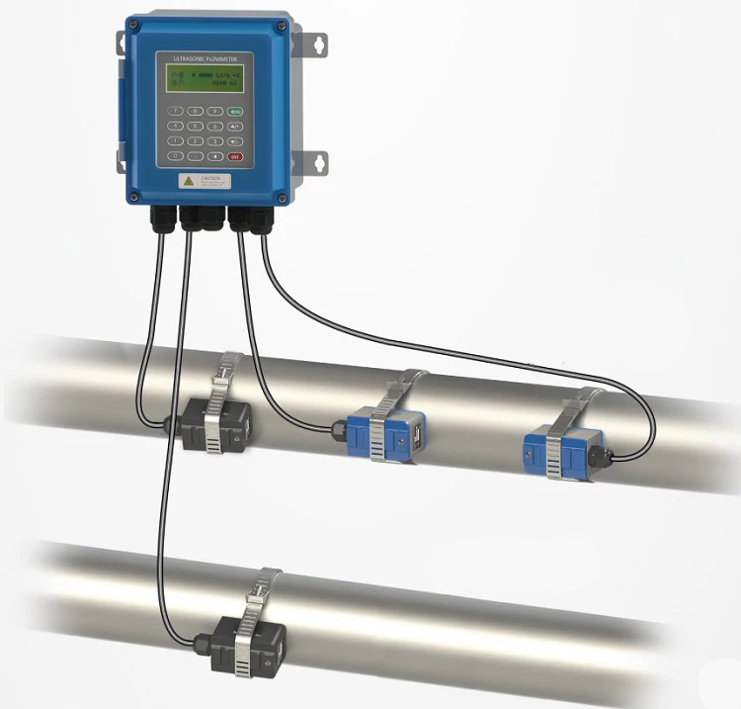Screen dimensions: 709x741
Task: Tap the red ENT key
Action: pyautogui.click(x=235, y=156)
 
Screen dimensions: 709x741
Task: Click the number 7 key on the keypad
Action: pyautogui.click(x=175, y=111)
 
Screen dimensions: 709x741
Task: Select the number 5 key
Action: pyautogui.click(x=196, y=126)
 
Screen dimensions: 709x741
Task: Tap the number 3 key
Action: pyautogui.click(x=215, y=141)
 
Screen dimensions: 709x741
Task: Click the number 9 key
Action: pyautogui.click(x=215, y=111)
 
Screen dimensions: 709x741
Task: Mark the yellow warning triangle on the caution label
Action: pyautogui.click(x=189, y=181)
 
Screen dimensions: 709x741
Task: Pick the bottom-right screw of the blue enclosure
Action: pyautogui.click(x=282, y=198)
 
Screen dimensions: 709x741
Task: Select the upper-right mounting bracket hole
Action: pyautogui.click(x=319, y=44)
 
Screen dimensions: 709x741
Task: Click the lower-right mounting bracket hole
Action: pyautogui.click(x=320, y=161)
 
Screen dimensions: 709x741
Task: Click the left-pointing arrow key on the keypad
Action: pyautogui.click(x=215, y=156)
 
